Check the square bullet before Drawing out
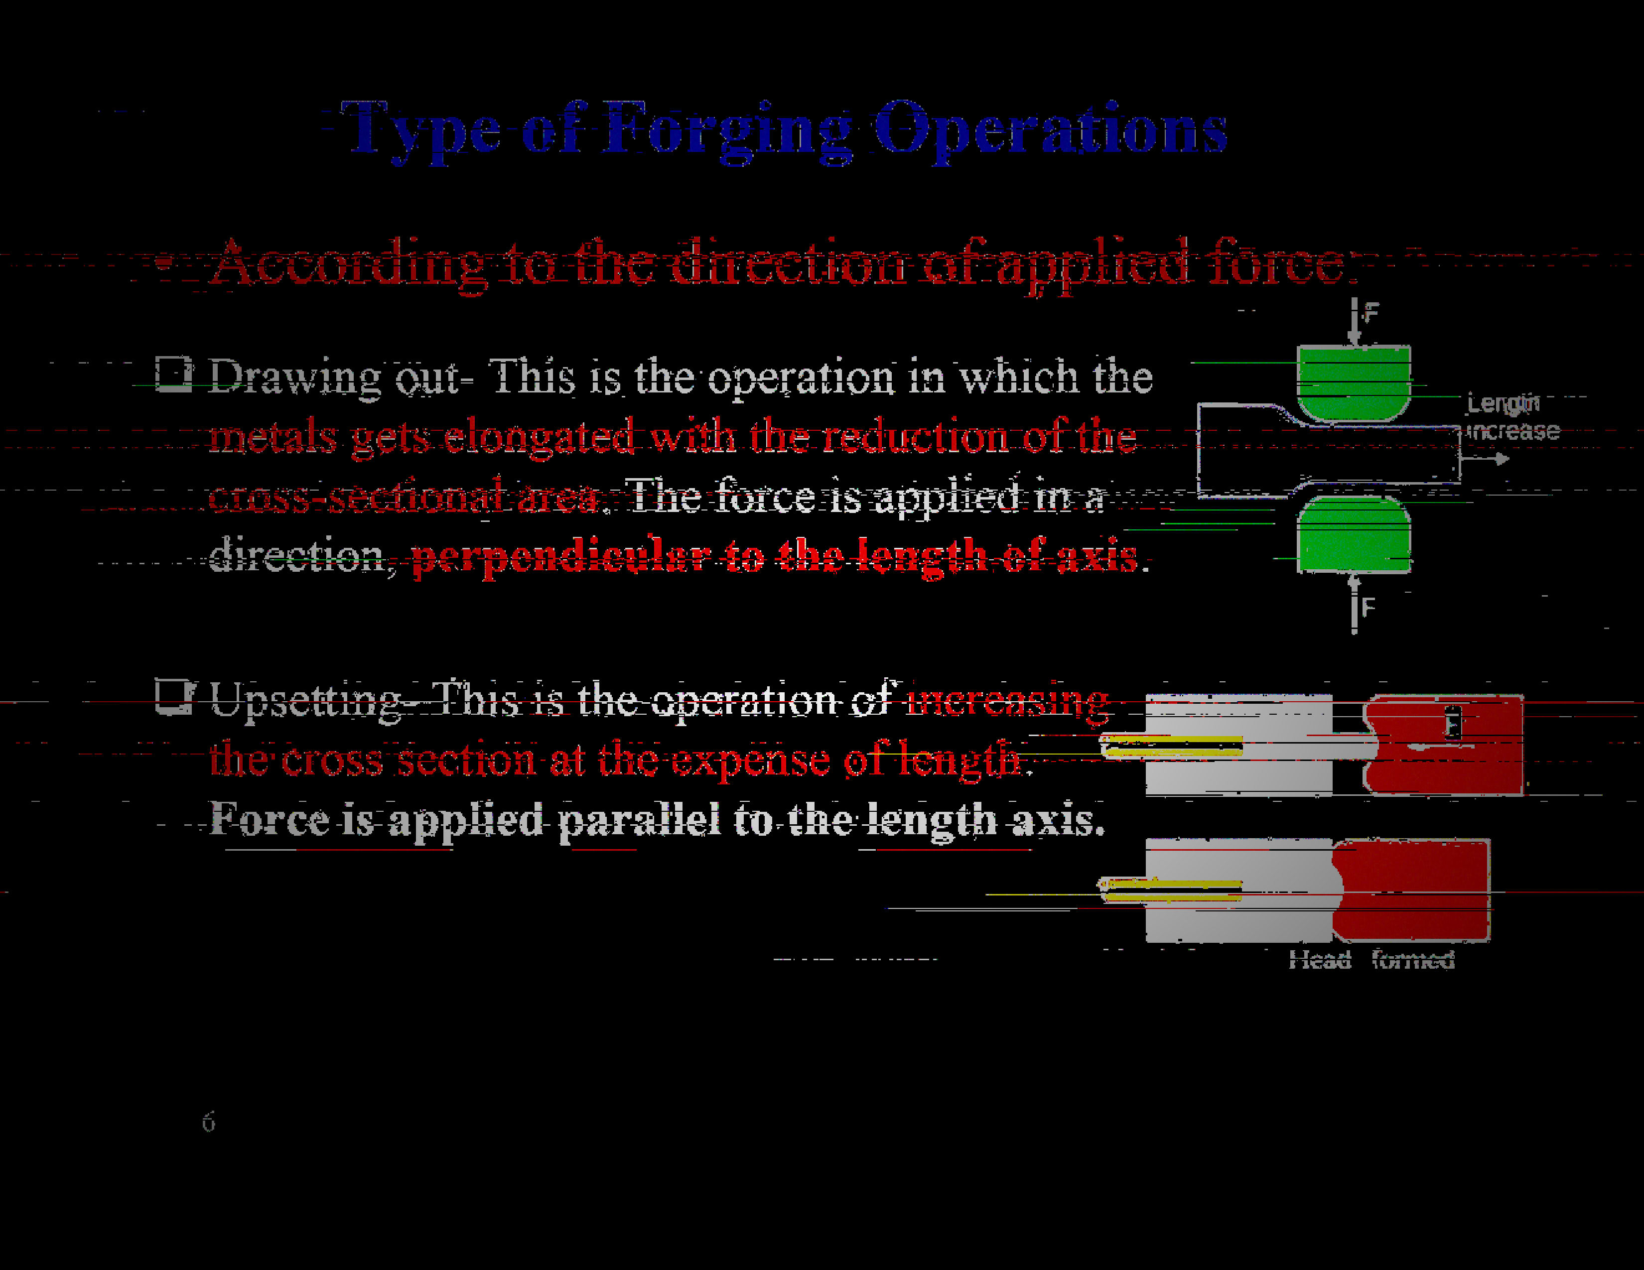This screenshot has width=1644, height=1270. [x=173, y=374]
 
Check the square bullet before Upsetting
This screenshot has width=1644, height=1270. [x=174, y=697]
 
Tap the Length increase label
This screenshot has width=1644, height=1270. [x=1511, y=417]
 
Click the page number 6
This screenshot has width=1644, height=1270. [x=209, y=1122]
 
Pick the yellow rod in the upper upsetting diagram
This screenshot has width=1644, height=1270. [x=1171, y=747]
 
